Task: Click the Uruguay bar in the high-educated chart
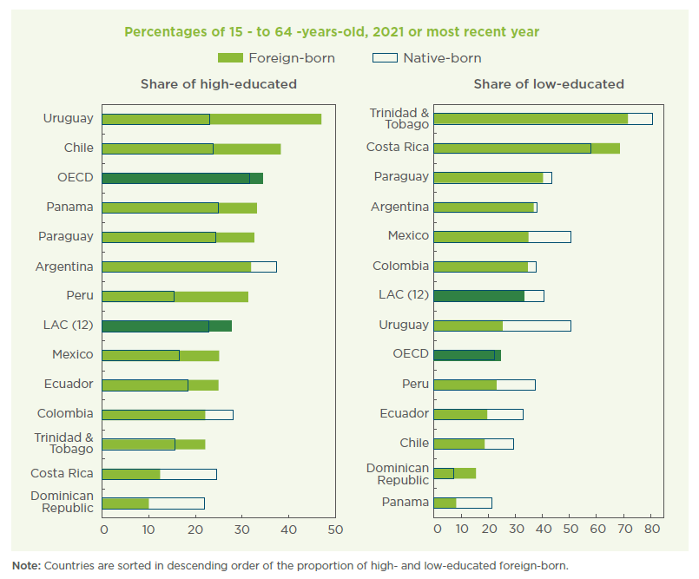[x=211, y=119]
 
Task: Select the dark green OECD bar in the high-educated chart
[x=182, y=178]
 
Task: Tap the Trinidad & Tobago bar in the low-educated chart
[x=542, y=119]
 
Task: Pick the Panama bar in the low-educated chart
[x=462, y=502]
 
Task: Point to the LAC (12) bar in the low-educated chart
[x=488, y=295]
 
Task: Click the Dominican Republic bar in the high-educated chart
[x=153, y=503]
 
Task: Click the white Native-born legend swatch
[x=384, y=58]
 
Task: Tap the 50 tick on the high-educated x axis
[x=335, y=529]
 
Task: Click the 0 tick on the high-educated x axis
[x=103, y=529]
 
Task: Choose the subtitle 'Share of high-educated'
[x=219, y=84]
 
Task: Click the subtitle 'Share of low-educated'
[x=548, y=84]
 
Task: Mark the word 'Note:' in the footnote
[x=25, y=565]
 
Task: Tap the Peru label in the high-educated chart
[x=79, y=295]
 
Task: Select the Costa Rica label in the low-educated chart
[x=397, y=147]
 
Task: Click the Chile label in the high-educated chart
[x=78, y=148]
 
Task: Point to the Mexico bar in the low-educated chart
[x=501, y=236]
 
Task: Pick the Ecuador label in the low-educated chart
[x=404, y=413]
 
